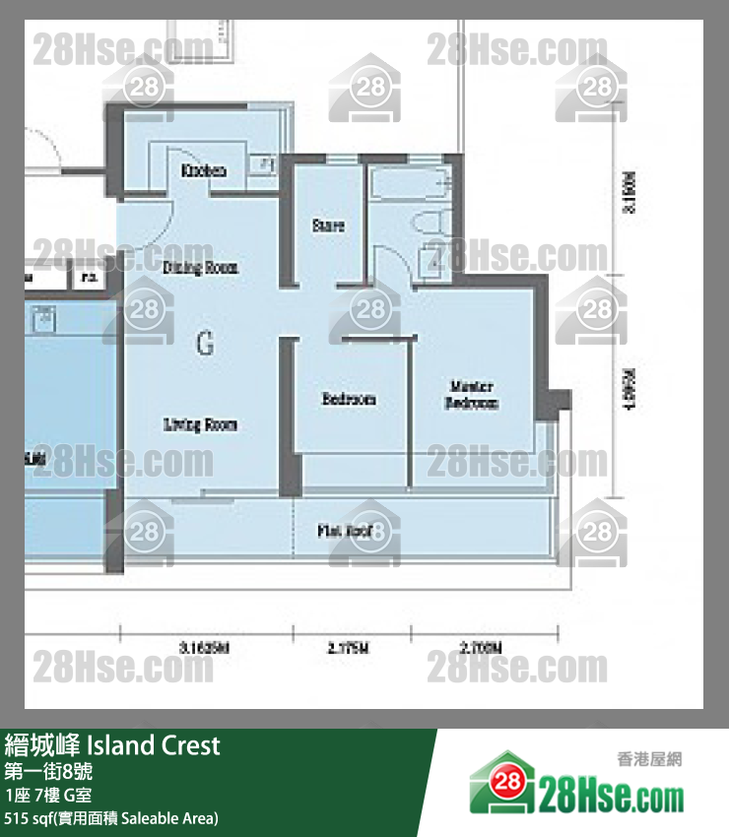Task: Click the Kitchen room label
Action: click(204, 171)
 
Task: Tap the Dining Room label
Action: click(200, 268)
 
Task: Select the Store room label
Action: click(328, 225)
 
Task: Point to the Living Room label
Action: click(200, 424)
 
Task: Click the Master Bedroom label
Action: click(472, 395)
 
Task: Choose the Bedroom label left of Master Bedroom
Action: click(349, 400)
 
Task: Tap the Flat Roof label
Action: click(344, 531)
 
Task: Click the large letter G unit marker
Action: click(205, 344)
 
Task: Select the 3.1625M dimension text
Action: click(205, 648)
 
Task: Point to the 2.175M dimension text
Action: click(349, 648)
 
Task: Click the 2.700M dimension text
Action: click(482, 648)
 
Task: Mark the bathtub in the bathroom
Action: click(409, 185)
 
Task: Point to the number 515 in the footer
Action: click(18, 818)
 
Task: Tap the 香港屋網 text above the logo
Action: click(648, 758)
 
